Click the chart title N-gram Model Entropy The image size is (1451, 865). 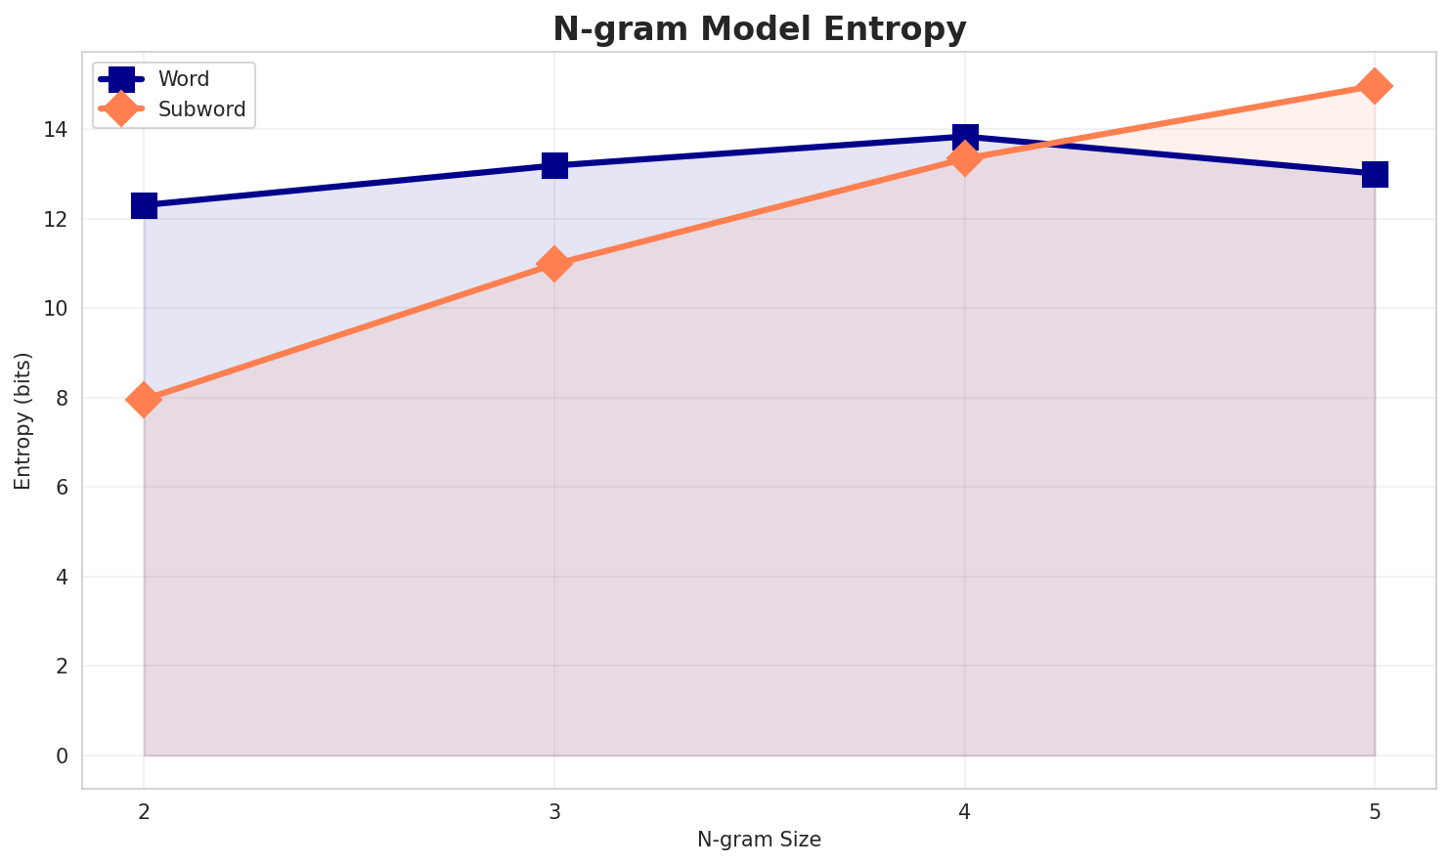tap(759, 29)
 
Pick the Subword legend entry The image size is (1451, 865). tap(200, 109)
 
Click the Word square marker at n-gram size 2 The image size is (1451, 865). tap(144, 205)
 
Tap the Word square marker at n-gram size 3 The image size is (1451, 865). tap(554, 165)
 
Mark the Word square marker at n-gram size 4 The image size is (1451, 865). tap(965, 137)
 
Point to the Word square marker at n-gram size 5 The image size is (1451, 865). tap(1375, 174)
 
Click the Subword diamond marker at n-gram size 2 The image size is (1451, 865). tap(144, 400)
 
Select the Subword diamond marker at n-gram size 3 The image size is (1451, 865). tap(554, 264)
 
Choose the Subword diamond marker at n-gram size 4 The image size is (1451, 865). tap(965, 158)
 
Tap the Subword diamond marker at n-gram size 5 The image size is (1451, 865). tap(1375, 86)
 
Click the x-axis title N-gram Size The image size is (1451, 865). tap(759, 840)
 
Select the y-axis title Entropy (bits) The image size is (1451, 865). tap(23, 420)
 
